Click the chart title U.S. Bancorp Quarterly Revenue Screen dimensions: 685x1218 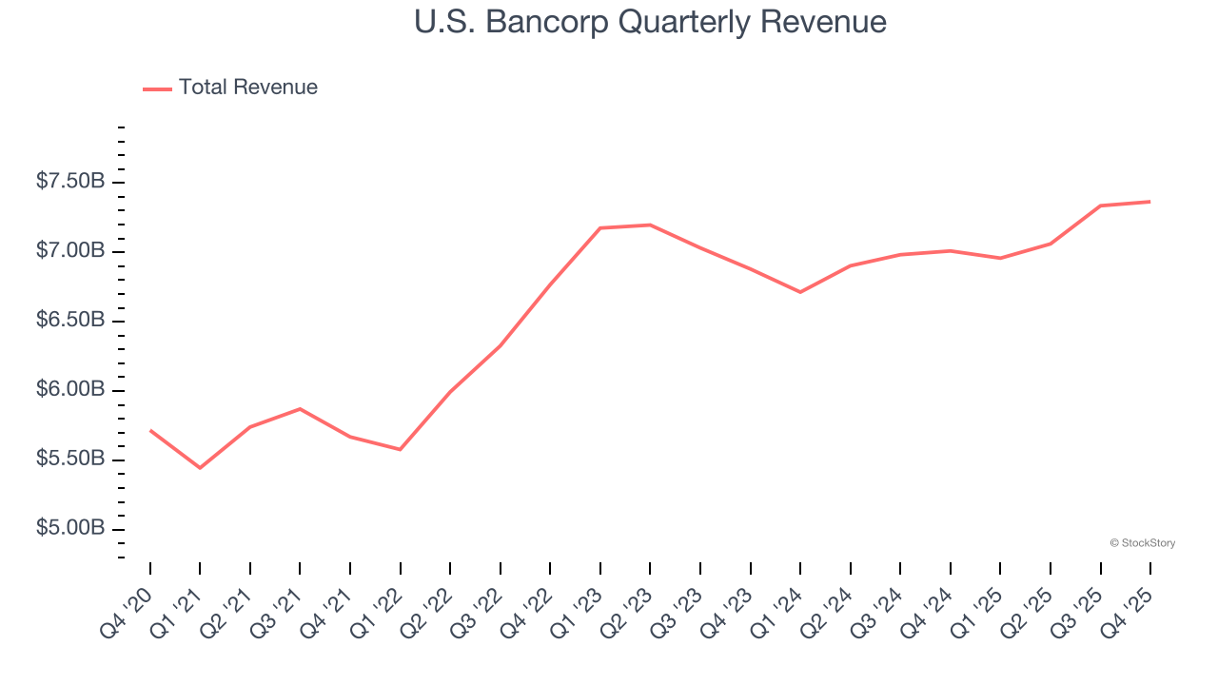[x=650, y=22]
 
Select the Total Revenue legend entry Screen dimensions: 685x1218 [x=230, y=88]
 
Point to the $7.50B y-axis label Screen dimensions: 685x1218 [x=70, y=181]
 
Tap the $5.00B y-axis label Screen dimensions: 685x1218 [x=70, y=528]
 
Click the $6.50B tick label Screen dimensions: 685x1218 [x=70, y=320]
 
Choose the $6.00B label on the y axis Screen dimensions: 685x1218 [x=70, y=389]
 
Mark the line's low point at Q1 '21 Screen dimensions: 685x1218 [x=200, y=468]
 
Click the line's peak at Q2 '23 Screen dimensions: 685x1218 [x=650, y=225]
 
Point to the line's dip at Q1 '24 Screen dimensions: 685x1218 [x=800, y=292]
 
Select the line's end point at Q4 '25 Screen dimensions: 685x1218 [x=1150, y=201]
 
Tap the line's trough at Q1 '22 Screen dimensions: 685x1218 [x=400, y=449]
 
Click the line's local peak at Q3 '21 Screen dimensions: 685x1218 [x=300, y=409]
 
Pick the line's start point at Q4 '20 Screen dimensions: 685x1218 [x=150, y=430]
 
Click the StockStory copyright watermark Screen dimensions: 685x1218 [x=1143, y=543]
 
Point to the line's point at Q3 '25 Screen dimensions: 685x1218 [x=1101, y=205]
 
